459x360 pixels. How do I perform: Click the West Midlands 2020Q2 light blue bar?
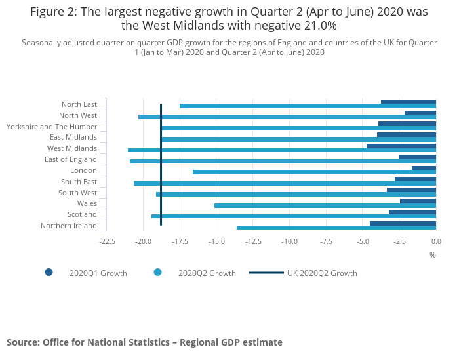(282, 150)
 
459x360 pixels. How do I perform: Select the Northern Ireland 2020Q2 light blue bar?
(336, 228)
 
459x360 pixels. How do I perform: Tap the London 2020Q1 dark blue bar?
(424, 168)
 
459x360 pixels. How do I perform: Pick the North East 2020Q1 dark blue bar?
(409, 102)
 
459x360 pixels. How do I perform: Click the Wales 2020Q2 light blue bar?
(325, 205)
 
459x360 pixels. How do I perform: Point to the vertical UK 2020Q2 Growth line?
(161, 164)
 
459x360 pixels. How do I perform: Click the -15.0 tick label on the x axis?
(216, 241)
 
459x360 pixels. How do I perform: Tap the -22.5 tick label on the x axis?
(107, 241)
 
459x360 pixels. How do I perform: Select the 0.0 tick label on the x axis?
(436, 241)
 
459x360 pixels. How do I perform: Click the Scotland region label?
(82, 214)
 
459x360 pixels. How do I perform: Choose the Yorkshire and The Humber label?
(52, 127)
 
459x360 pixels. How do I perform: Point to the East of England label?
(71, 159)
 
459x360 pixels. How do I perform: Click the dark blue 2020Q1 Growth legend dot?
(49, 273)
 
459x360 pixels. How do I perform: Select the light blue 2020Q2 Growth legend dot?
(157, 273)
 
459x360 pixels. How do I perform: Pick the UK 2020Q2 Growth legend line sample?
(266, 273)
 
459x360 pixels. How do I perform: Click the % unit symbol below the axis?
(433, 254)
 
